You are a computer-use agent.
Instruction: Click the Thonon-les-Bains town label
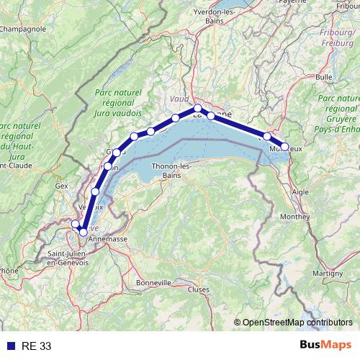click(171, 171)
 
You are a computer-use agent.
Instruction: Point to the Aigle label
click(300, 192)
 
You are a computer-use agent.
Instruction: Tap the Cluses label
click(199, 289)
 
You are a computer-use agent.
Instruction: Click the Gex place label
click(61, 185)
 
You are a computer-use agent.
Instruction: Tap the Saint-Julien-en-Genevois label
click(68, 258)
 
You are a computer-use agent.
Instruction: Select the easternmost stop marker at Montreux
click(284, 147)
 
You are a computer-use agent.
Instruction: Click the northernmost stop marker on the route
click(197, 109)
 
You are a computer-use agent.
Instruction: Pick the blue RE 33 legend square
click(9, 346)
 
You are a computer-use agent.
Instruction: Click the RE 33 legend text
click(36, 346)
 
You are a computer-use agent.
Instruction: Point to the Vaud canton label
click(178, 99)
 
